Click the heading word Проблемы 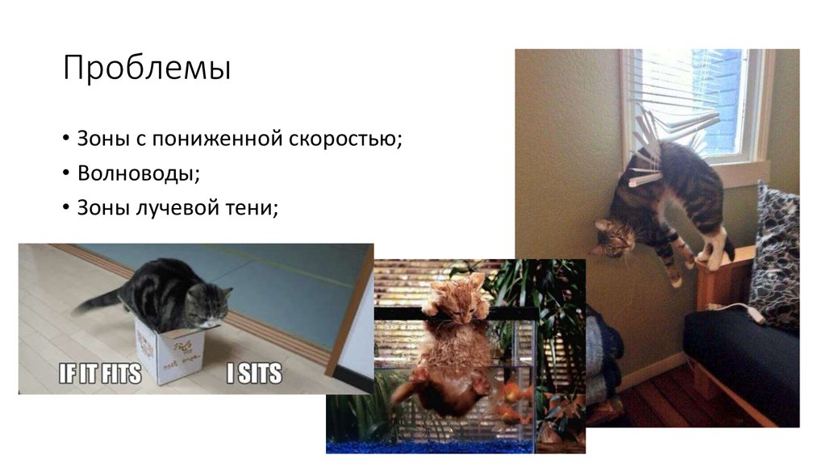coord(147,69)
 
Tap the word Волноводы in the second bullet coord(138,173)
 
